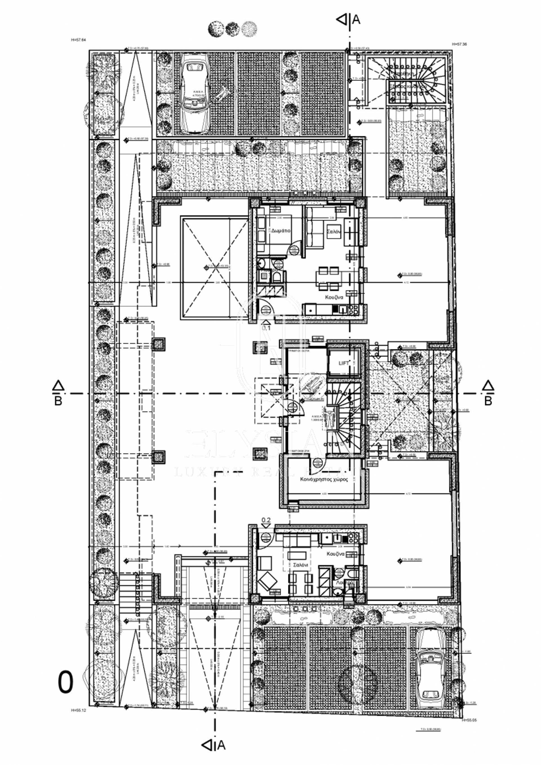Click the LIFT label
pos(343,363)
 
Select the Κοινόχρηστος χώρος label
pos(324,479)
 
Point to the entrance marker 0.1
pos(267,328)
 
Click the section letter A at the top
pos(356,20)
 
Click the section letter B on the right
pos(488,401)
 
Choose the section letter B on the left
pos(58,401)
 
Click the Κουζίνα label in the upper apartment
pos(334,297)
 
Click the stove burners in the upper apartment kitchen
pos(353,309)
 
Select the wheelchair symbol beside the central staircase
pos(329,417)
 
